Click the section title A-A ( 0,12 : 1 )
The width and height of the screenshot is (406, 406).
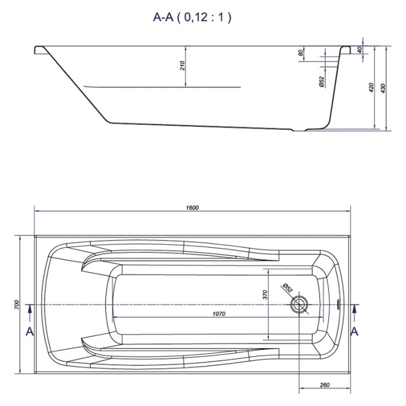(x=192, y=17)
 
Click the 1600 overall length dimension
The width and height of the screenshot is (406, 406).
(x=192, y=208)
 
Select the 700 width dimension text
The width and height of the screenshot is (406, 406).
(x=16, y=304)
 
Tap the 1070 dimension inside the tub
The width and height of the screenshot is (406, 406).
(x=219, y=314)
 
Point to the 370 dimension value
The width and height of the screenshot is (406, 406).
(x=264, y=295)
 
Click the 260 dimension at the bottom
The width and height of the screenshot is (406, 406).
(x=325, y=385)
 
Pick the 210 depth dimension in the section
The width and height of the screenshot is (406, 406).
(x=182, y=66)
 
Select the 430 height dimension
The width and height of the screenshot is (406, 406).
(x=383, y=88)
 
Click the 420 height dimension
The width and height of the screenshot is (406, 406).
(x=371, y=88)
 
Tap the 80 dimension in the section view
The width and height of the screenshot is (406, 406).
(x=300, y=53)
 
